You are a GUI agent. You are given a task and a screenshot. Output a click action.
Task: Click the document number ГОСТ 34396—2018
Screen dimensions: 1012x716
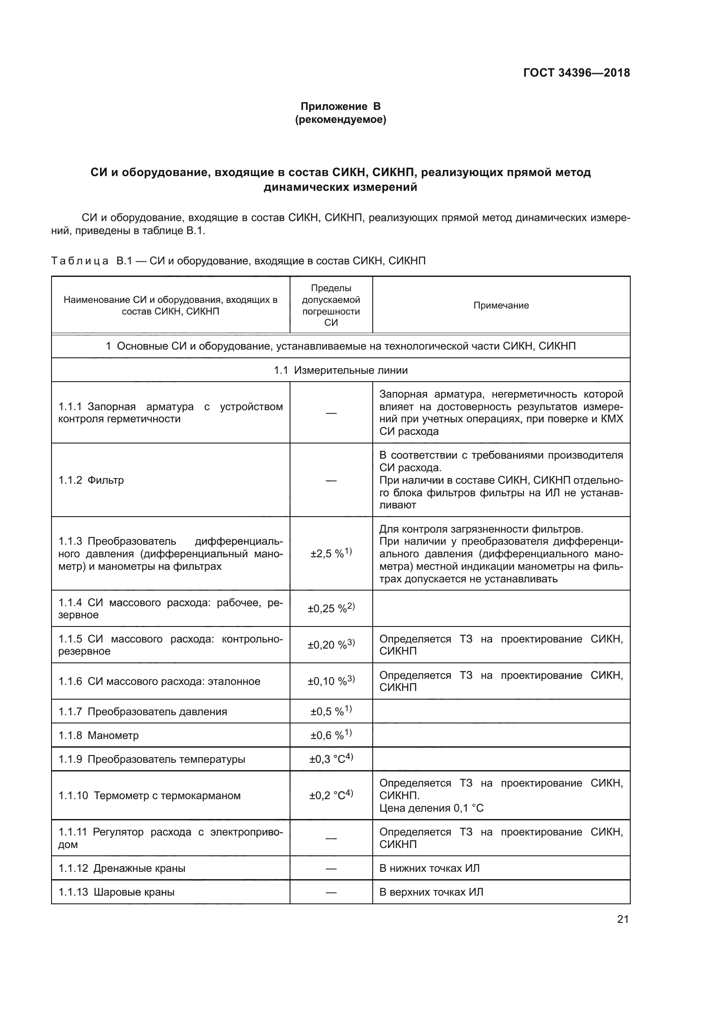coord(576,73)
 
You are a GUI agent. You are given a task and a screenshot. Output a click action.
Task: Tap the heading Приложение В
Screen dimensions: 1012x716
coord(340,106)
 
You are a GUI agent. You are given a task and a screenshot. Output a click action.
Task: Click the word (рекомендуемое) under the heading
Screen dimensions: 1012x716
coord(340,119)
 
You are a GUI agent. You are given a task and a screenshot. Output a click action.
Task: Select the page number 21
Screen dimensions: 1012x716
coord(622,919)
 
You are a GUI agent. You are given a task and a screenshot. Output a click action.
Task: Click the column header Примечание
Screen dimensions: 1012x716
coord(501,305)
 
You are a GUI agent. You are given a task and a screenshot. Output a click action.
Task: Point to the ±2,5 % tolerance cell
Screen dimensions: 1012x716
coord(331,554)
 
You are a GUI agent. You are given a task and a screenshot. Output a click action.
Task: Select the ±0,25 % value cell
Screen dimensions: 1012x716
coord(331,609)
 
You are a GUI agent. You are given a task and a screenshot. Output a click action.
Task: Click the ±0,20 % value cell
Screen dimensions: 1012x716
coord(331,645)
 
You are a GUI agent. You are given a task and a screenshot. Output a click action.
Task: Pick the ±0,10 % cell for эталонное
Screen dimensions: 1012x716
coord(331,681)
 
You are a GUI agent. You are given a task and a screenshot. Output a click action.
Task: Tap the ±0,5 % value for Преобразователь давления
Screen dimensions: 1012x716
coord(331,711)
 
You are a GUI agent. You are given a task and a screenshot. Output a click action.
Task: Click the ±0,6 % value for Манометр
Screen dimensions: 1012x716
coord(331,735)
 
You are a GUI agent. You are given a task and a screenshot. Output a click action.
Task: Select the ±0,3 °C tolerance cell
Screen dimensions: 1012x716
coord(331,759)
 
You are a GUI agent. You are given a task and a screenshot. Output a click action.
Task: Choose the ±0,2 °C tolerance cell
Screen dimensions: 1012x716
coord(331,796)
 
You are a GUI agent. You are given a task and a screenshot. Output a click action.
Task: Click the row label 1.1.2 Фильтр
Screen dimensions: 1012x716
coord(91,480)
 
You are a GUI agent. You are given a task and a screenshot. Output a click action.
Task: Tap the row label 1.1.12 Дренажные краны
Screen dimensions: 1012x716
coord(122,868)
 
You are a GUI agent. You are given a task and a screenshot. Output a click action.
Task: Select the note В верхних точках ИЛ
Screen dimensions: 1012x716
coord(431,892)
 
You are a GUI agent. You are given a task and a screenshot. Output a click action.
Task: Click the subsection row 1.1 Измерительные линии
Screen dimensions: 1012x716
coord(340,370)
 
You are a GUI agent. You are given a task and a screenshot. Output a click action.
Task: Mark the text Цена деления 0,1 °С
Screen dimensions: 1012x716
coord(431,808)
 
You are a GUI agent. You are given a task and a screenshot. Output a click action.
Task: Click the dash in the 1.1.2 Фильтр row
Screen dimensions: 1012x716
coord(331,480)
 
